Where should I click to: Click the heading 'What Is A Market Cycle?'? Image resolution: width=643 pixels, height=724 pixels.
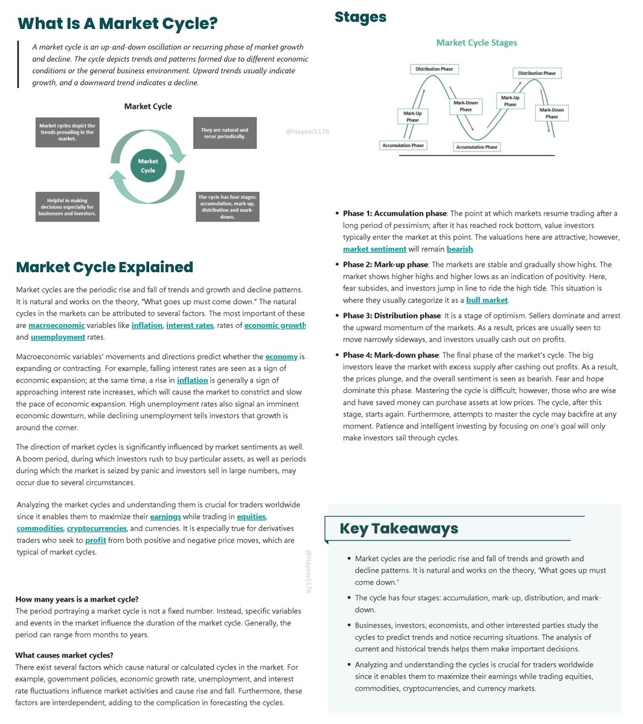(117, 24)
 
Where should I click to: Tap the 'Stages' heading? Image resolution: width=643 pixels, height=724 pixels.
(360, 17)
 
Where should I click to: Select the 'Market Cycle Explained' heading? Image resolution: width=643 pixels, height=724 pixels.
(104, 267)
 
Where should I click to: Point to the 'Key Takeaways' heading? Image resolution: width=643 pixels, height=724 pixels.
(398, 529)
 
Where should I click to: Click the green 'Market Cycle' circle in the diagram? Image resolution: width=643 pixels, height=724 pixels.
(148, 166)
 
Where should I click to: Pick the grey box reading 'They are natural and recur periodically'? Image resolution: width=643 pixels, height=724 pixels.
(225, 133)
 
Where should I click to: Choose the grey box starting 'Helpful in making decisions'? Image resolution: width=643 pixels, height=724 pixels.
(67, 207)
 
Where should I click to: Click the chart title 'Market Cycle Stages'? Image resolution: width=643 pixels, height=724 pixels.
(476, 43)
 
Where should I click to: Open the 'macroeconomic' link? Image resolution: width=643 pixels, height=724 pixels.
(57, 325)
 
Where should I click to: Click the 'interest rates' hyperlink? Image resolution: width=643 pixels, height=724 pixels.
(190, 325)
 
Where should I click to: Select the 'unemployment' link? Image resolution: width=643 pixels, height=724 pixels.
(59, 337)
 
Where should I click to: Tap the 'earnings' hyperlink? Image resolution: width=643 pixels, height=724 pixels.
(165, 516)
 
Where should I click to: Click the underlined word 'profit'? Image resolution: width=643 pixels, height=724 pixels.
(95, 541)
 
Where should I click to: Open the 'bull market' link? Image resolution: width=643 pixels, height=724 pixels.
(487, 300)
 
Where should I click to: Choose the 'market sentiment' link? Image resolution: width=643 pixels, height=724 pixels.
(374, 249)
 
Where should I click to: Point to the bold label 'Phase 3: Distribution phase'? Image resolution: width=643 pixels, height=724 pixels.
(392, 316)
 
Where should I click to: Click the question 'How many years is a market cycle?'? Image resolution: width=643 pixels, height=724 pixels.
(77, 599)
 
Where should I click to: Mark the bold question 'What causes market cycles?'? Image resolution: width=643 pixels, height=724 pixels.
(64, 655)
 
